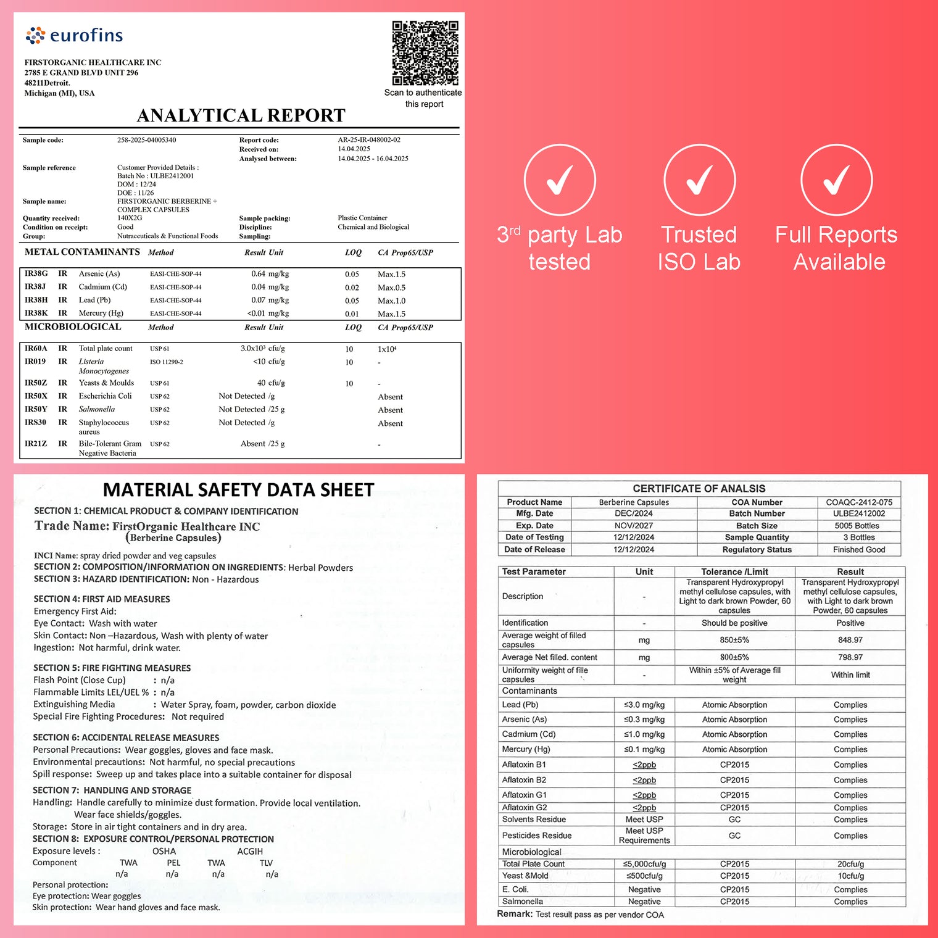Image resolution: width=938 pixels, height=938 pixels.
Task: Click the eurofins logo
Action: coord(74,36)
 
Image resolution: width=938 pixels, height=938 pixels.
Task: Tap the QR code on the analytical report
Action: coord(425,53)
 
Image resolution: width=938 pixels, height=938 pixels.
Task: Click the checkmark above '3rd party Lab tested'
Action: coord(560,180)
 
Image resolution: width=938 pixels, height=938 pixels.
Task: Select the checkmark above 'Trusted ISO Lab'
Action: coord(699,180)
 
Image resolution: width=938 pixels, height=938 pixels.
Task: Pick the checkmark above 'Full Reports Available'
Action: coord(836,180)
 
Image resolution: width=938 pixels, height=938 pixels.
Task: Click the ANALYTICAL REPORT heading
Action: coord(241,115)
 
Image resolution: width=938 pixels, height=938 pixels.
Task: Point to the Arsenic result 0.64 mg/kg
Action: coord(270,274)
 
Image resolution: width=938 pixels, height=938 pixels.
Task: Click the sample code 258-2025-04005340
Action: coord(146,140)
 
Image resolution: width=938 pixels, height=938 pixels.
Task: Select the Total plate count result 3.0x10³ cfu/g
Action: coord(262,349)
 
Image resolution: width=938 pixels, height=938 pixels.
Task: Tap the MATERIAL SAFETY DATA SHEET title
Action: coord(238,490)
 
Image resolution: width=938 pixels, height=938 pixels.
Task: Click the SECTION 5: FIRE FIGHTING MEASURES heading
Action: coord(112,668)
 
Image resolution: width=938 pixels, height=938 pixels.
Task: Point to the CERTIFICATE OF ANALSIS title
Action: coord(699,488)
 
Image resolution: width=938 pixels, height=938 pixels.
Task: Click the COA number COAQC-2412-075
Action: coord(859,502)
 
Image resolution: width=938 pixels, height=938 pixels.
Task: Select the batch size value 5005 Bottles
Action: coord(857,526)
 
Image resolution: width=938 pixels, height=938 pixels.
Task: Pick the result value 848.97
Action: coord(850,640)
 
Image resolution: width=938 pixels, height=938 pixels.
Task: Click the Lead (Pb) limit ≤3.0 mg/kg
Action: coord(644,705)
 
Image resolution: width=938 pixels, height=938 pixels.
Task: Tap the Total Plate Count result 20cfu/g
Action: coord(850,864)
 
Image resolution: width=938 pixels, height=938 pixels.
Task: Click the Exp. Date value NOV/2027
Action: coord(633,526)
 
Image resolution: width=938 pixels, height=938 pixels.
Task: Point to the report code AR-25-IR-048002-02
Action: coord(369,140)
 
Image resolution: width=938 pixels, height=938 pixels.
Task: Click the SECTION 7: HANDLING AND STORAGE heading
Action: coord(112,790)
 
